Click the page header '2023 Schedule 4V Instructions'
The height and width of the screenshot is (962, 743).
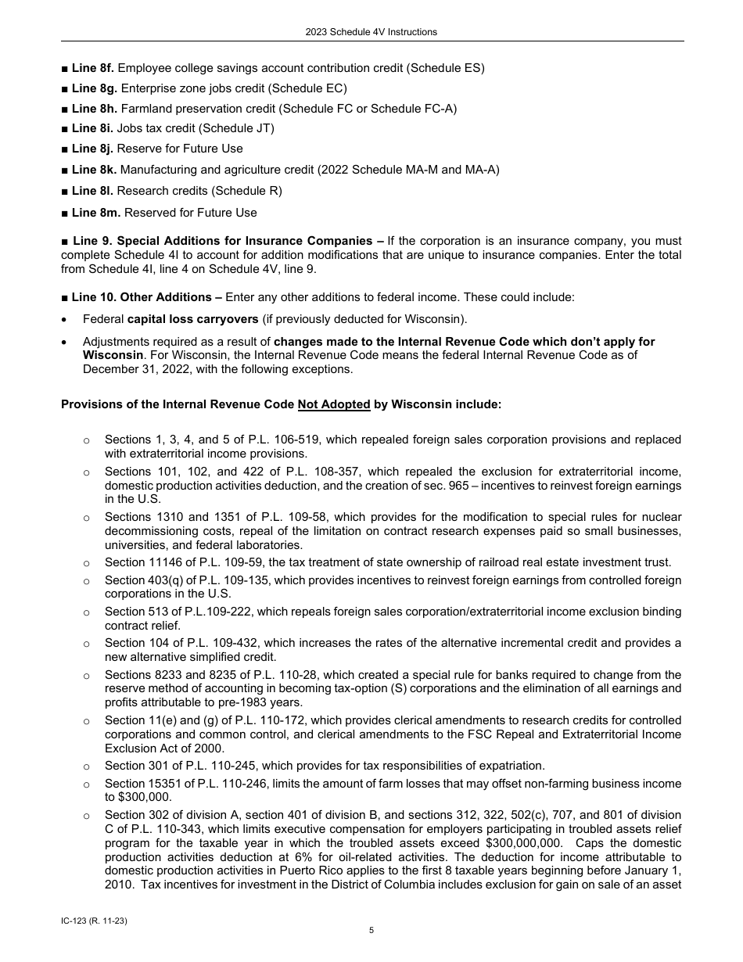[371, 32]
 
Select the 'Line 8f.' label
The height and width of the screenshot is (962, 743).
[93, 68]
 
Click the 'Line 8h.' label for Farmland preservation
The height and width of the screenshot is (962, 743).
[94, 109]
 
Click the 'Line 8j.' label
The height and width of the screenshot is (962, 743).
[92, 149]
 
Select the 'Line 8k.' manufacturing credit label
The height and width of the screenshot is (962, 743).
[94, 170]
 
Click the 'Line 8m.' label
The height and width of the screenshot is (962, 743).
[95, 213]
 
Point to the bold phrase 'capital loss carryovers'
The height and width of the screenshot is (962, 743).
[192, 319]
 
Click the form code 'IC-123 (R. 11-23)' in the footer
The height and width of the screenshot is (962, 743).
[94, 921]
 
